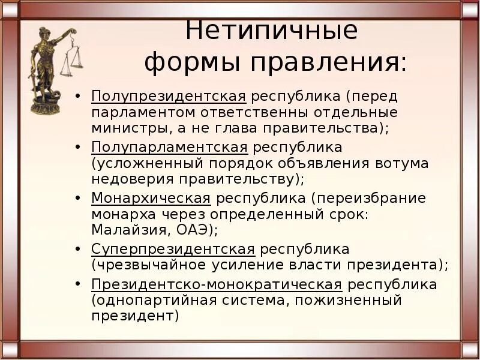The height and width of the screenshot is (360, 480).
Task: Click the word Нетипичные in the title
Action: pyautogui.click(x=271, y=30)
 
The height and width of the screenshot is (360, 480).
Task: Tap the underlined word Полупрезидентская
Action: pyautogui.click(x=169, y=97)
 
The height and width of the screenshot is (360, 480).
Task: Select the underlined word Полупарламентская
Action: pyautogui.click(x=169, y=147)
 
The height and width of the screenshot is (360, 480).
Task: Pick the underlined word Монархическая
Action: pyautogui.click(x=151, y=198)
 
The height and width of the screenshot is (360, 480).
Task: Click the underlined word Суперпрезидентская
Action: pyautogui.click(x=173, y=248)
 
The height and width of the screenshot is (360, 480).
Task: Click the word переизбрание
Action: pyautogui.click(x=372, y=198)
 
